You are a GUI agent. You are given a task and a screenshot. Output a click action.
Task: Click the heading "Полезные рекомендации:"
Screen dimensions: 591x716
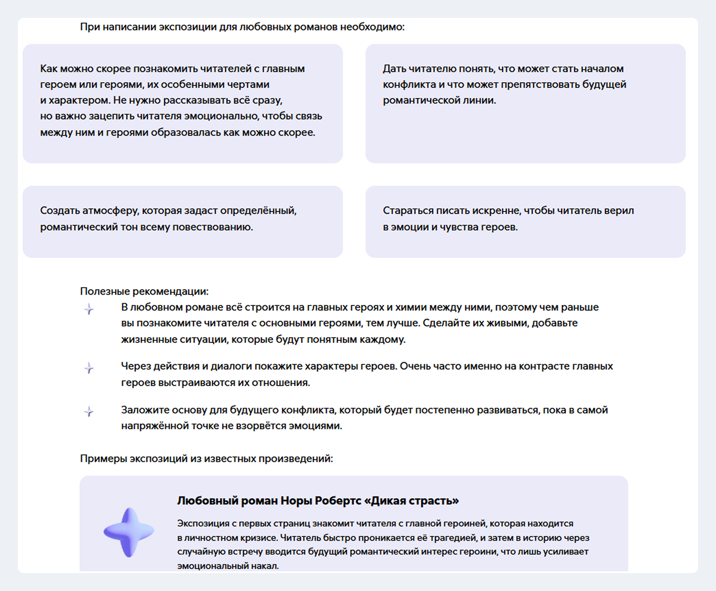click(x=144, y=291)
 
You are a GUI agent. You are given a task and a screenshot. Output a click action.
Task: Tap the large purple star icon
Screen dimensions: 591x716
click(x=129, y=532)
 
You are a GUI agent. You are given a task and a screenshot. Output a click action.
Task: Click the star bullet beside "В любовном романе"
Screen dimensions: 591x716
click(x=89, y=309)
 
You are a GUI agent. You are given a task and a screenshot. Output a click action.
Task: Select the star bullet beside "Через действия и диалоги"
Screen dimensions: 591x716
click(x=89, y=368)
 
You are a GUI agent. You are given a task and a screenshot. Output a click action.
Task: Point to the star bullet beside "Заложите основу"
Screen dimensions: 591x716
click(x=89, y=411)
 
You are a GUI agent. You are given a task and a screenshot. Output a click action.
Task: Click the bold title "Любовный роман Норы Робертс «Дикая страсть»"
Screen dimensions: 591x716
click(x=318, y=501)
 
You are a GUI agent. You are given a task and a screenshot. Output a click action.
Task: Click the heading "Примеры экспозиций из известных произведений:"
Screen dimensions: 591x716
click(x=206, y=459)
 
